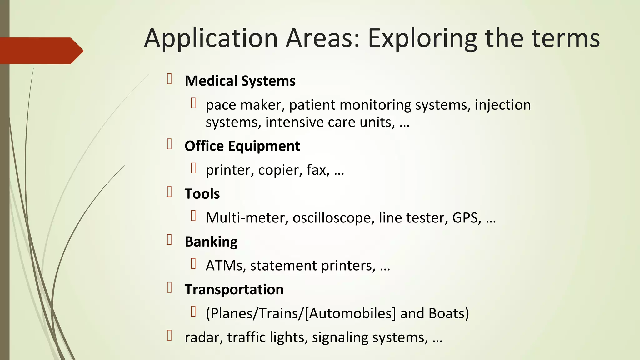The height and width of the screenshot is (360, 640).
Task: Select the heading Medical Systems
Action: pyautogui.click(x=240, y=81)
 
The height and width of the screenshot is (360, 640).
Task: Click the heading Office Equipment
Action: pyautogui.click(x=242, y=146)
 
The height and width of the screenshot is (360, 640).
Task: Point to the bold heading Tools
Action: pyautogui.click(x=202, y=194)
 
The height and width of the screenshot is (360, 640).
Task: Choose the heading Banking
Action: pyautogui.click(x=211, y=242)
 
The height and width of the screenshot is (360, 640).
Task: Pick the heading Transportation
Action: pyautogui.click(x=234, y=289)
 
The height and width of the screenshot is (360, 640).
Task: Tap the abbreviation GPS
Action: pyautogui.click(x=465, y=217)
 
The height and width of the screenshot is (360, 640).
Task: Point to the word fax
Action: pyautogui.click(x=317, y=170)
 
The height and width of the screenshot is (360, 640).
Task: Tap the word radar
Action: pyautogui.click(x=203, y=337)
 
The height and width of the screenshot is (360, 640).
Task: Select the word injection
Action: pyautogui.click(x=503, y=105)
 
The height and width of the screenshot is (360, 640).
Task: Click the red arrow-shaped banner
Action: pyautogui.click(x=41, y=51)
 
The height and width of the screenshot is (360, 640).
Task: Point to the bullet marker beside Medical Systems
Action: pyautogui.click(x=170, y=79)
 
